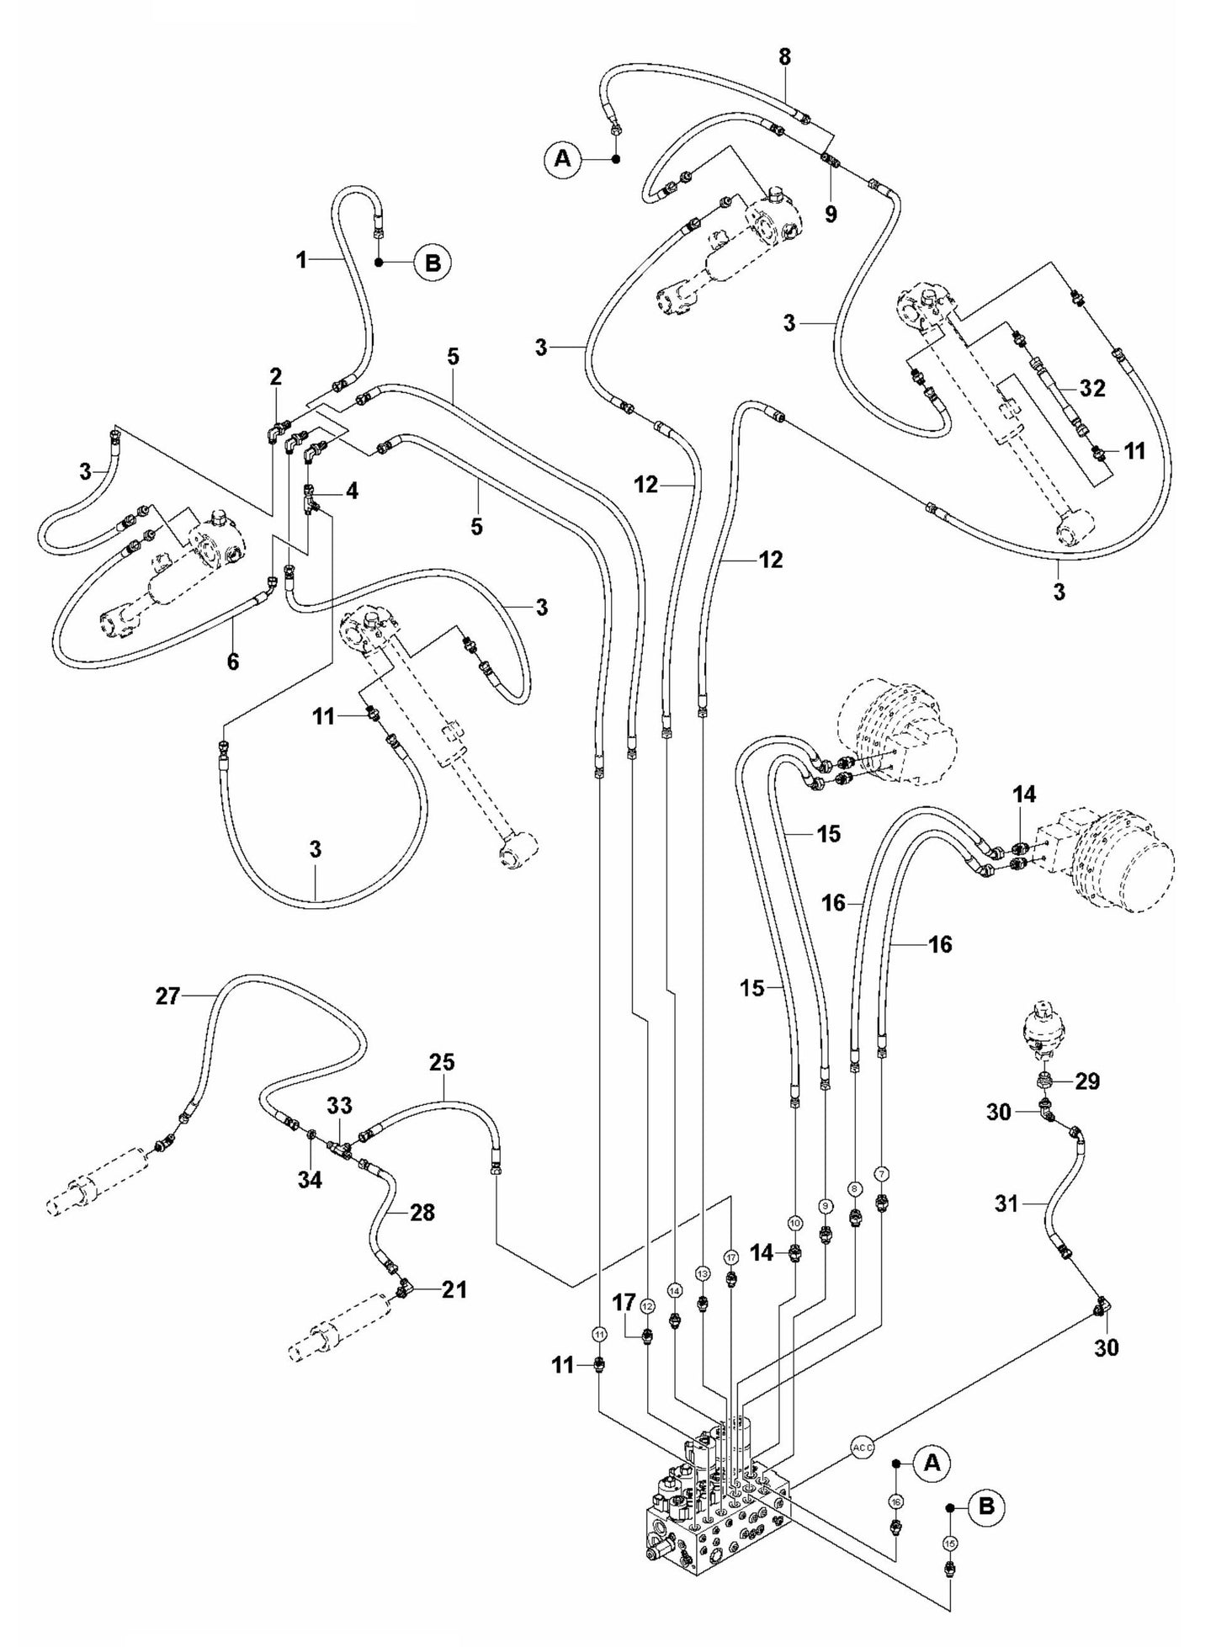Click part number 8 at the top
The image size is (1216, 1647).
784,57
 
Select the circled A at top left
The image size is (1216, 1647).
563,158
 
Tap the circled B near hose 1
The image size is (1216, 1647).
433,263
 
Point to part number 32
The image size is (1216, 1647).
1092,388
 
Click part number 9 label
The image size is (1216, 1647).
831,214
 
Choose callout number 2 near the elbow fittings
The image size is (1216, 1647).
276,376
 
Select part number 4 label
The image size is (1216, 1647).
352,491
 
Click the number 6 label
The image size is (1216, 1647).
233,662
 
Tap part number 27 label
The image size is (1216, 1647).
167,996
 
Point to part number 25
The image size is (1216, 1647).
442,1062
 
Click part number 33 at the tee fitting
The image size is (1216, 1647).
339,1105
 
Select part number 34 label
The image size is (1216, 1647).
310,1181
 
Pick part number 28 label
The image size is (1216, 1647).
422,1213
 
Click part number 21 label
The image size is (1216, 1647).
454,1289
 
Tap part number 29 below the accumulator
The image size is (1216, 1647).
1087,1081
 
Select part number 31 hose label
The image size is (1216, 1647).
1006,1204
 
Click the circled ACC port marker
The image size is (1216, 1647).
863,1448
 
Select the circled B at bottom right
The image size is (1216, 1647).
986,1506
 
